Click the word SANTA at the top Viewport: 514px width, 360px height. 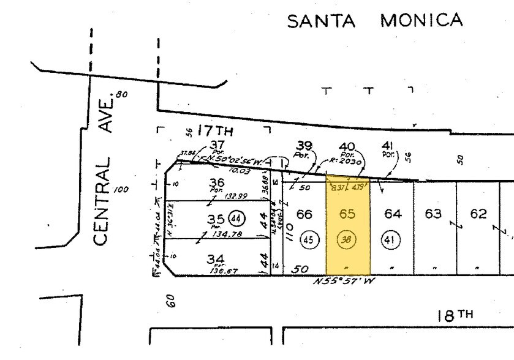321,21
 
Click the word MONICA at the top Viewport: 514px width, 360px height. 421,20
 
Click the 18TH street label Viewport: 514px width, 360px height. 455,315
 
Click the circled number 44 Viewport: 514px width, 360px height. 235,217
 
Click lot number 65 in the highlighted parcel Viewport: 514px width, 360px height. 347,214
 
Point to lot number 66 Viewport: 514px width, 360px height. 304,214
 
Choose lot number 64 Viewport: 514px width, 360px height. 392,214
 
